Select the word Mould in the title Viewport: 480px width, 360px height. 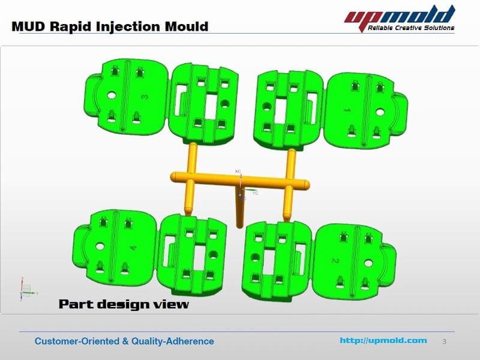[x=187, y=26]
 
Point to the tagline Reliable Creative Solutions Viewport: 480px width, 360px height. [x=411, y=28]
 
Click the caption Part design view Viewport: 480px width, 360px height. [x=124, y=304]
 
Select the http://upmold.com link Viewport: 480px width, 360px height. [x=383, y=340]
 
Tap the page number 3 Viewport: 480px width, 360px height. [x=444, y=341]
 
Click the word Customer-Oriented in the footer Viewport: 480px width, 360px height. [x=77, y=341]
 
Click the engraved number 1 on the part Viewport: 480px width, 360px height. [x=347, y=110]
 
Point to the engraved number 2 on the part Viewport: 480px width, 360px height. [x=335, y=260]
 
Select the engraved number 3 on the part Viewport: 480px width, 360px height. [x=145, y=97]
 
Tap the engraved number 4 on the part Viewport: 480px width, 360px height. [x=133, y=247]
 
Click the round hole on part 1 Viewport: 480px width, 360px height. [x=380, y=112]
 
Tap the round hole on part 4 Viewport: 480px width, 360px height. [x=100, y=247]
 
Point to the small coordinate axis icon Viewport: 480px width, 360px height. [x=28, y=289]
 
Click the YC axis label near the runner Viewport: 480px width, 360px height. [x=256, y=193]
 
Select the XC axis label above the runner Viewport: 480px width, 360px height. [x=238, y=172]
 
